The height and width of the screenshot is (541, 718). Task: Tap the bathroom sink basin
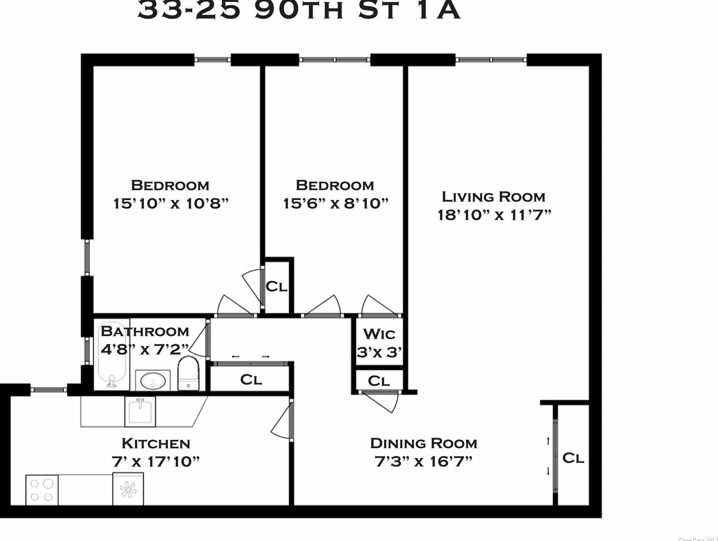point(152,381)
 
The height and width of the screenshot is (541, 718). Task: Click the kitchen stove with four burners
point(42,490)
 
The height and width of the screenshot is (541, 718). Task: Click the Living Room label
point(493,197)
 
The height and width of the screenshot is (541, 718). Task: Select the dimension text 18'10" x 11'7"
point(494,215)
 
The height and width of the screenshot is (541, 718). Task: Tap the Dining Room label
point(424,443)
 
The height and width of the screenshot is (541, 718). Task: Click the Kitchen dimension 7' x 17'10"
point(155,461)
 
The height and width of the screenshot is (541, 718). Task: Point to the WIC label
point(379,334)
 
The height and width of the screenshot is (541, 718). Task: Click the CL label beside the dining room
point(573,458)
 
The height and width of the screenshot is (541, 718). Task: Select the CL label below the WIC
point(379,381)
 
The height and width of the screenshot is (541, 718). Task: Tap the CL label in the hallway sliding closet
point(251,380)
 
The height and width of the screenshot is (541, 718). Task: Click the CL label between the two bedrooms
point(276,286)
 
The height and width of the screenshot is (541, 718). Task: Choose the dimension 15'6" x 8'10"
point(335,203)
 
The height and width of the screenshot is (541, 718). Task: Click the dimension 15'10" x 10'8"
point(171,203)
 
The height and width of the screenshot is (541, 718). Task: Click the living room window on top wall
point(491,60)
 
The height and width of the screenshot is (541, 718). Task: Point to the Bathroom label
point(145,331)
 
